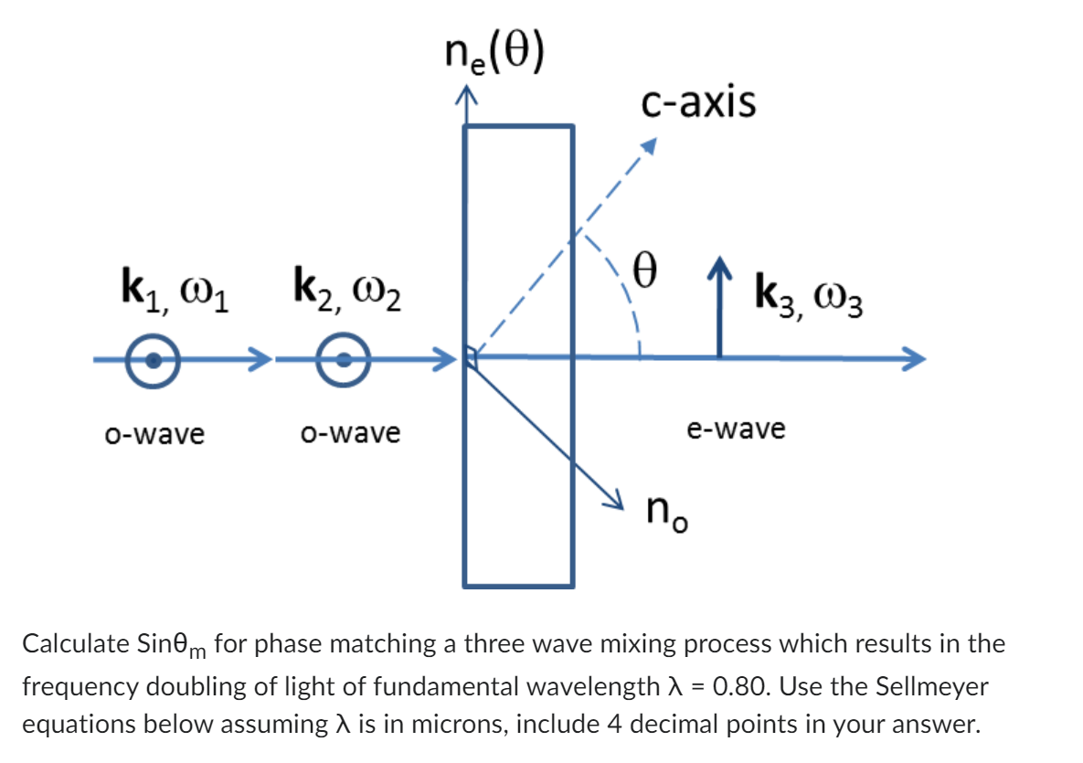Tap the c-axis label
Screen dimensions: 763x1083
[x=699, y=102]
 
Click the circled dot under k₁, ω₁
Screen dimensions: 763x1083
[x=154, y=359]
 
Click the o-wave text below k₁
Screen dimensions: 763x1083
[x=154, y=434]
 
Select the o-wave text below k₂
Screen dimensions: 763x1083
[x=351, y=432]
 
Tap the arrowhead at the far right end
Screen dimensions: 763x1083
[x=916, y=358]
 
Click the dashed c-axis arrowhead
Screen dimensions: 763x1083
[x=648, y=147]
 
